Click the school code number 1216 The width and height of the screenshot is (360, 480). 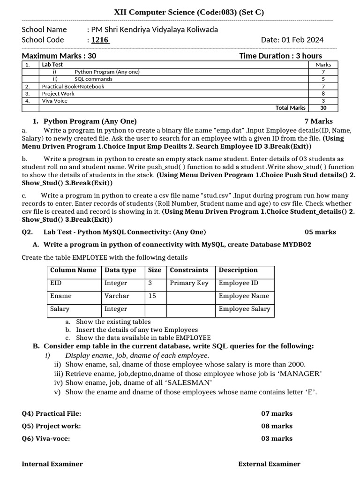pos(100,40)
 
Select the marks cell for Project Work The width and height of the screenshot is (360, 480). pos(323,94)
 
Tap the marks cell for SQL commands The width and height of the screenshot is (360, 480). pos(323,79)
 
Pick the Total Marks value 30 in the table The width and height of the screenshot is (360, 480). pos(323,108)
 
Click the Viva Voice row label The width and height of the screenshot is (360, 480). pos(55,101)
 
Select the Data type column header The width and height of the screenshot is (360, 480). pos(120,270)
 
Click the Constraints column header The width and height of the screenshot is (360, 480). pos(189,270)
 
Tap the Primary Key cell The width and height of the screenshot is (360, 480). pos(189,283)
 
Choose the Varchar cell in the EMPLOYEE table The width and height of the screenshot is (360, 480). pos(117,296)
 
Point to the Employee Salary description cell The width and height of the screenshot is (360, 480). pos(244,309)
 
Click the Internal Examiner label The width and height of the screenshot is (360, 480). pos(52,464)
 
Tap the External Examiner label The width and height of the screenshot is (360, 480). pos(269,464)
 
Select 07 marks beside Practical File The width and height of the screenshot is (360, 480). pos(277,413)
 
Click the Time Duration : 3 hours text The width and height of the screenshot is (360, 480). pos(280,56)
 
